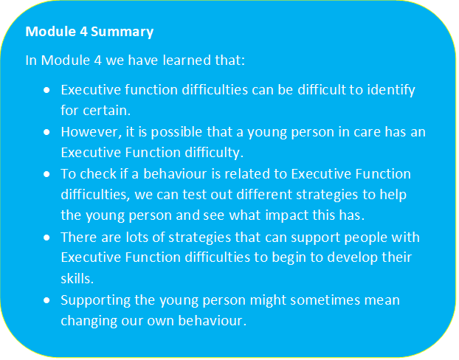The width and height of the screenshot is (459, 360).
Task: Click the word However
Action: click(88, 132)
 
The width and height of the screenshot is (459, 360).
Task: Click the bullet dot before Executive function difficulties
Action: click(47, 90)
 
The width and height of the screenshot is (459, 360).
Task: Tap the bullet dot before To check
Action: click(47, 174)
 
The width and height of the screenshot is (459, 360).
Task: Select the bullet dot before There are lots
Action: click(47, 238)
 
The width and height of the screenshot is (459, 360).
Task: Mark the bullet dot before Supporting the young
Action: click(47, 301)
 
